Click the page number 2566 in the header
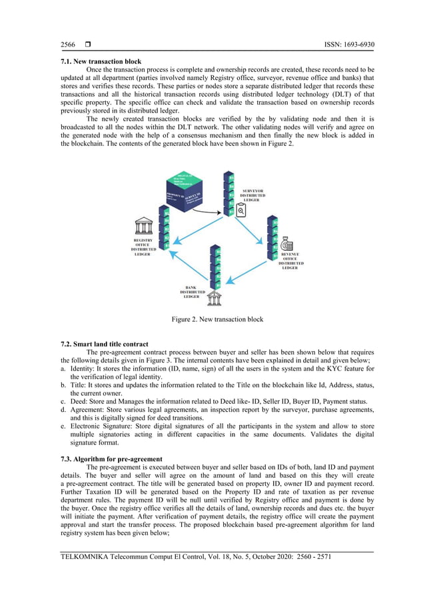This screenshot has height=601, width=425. coord(68,45)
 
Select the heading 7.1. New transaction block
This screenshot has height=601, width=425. coord(101,61)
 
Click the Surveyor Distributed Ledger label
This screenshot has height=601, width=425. coord(252,195)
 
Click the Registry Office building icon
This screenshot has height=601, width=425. coord(143,227)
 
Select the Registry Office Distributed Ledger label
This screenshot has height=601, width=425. coord(143,247)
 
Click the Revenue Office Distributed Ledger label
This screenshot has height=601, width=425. coord(290,261)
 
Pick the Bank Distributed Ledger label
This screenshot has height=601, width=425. coord(193,291)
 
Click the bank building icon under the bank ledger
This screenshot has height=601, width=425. coord(214,298)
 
